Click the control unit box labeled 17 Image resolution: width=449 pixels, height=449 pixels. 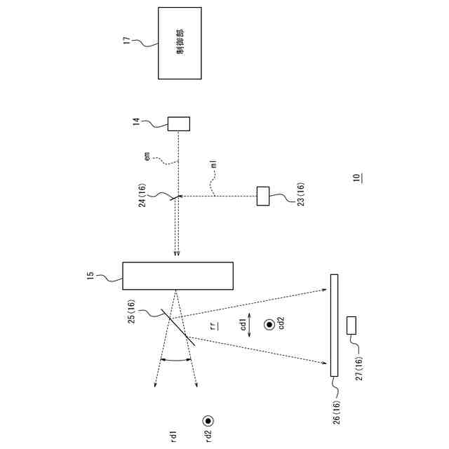180,43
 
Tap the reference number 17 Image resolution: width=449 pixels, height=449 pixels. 127,41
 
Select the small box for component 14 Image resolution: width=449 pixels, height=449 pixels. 179,123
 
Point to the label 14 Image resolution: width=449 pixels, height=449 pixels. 136,123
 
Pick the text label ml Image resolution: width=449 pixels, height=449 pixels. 213,166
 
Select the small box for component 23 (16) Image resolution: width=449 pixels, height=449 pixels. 263,196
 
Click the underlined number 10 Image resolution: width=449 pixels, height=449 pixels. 358,177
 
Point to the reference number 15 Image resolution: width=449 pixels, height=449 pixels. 90,276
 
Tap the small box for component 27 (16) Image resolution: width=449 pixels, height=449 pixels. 351,325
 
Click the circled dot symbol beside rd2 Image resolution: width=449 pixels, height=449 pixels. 208,422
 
